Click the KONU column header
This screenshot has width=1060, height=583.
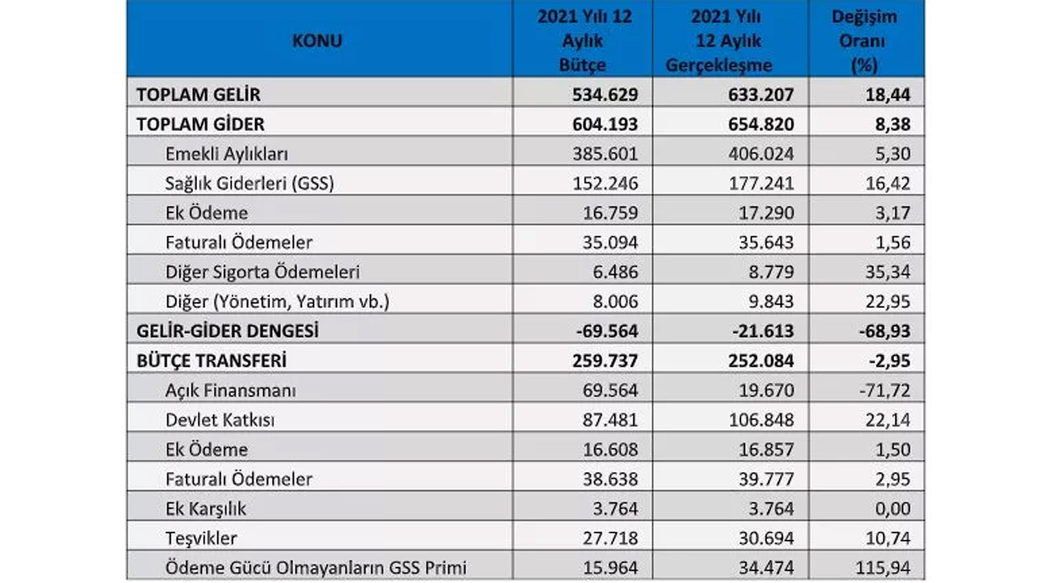click(317, 41)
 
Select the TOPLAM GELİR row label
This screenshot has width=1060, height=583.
click(199, 94)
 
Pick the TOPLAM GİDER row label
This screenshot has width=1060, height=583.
click(200, 124)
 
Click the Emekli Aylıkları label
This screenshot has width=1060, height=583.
click(226, 154)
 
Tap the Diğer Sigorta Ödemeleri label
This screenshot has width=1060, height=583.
click(263, 272)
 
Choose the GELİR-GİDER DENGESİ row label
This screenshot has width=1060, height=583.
click(228, 331)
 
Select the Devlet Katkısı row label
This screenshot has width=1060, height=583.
click(219, 420)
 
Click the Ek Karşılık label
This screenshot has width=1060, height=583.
click(205, 508)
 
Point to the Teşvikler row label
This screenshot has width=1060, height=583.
click(201, 538)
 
